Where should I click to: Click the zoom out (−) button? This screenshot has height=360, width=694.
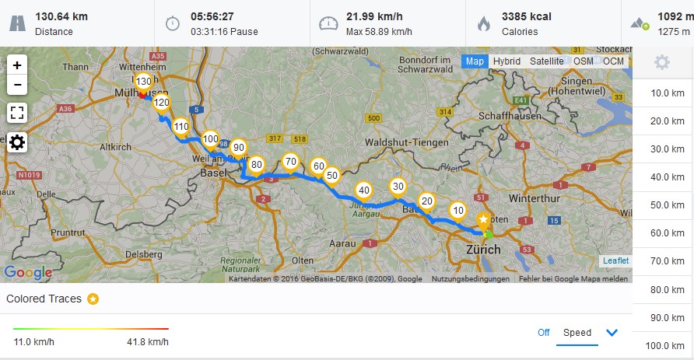17,84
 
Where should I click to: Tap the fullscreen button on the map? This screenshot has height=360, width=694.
17,113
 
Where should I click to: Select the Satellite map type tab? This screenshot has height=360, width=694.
546,61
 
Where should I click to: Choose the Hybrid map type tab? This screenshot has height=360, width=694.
506,61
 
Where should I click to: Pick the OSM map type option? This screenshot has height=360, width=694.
584,61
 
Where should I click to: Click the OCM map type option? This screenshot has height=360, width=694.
613,61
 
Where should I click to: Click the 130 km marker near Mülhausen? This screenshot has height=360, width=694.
143,82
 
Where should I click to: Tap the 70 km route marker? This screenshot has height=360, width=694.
291,163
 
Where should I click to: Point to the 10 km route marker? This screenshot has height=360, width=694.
458,211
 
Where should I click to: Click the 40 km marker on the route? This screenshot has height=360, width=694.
363,190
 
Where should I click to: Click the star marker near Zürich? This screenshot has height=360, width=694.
484,221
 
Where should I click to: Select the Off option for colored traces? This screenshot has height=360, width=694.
544,333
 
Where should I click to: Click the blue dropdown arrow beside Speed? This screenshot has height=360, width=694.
612,333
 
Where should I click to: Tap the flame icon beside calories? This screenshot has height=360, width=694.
484,23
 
